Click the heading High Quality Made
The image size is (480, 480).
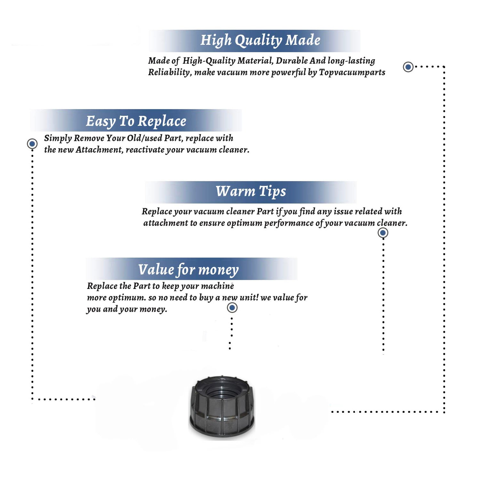[260, 40]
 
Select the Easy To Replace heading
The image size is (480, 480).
[136, 121]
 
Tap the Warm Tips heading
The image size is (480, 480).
[251, 191]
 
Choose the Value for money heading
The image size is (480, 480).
[188, 269]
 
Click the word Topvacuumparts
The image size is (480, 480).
[352, 72]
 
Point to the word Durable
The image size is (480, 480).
[292, 60]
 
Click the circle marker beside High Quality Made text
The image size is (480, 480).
[408, 67]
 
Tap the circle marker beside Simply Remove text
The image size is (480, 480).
[32, 144]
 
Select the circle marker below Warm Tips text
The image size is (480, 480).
[383, 233]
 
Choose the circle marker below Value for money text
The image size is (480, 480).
[232, 308]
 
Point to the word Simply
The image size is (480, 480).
[58, 138]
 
